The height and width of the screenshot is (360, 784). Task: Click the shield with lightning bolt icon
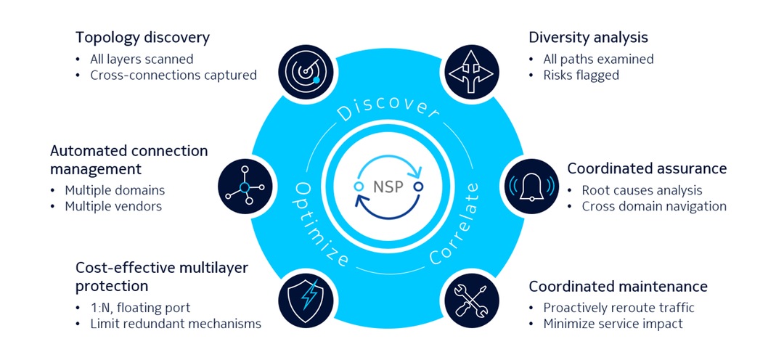(x=303, y=298)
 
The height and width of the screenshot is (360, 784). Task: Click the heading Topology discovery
(x=142, y=37)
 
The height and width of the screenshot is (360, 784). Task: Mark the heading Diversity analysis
(x=588, y=37)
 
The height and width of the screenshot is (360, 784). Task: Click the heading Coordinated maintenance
(x=618, y=286)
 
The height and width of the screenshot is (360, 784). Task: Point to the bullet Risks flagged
(x=581, y=75)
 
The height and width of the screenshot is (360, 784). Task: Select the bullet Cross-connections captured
(x=173, y=75)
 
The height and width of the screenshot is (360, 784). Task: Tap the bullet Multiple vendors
(x=113, y=206)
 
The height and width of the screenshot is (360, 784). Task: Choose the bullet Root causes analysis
(x=642, y=190)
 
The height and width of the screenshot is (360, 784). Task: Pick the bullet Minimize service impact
(x=613, y=324)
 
